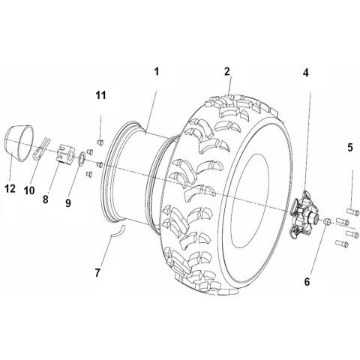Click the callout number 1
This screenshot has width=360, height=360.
tap(157, 71)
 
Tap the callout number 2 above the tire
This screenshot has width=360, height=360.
tap(226, 72)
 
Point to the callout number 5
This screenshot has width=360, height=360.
tap(350, 148)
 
